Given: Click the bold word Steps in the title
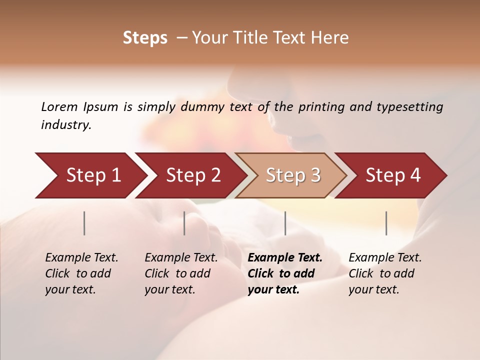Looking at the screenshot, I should [145, 38].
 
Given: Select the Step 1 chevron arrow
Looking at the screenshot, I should [90, 175].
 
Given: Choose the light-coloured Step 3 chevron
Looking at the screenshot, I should [291, 175].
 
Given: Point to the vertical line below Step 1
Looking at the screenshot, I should [84, 223].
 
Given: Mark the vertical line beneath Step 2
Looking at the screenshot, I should [184, 223].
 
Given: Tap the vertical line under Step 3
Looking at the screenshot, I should [285, 223].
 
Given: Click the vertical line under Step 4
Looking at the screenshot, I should [386, 223].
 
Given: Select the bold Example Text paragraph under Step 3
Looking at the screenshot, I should [285, 273].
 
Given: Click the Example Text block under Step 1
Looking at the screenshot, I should [81, 273].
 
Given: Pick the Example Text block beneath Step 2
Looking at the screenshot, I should [181, 273].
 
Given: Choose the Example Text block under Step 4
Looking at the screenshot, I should [385, 273].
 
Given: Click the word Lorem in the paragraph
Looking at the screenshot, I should [59, 107].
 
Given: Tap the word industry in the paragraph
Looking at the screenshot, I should [66, 125].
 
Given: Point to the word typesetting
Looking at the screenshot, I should [409, 107].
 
